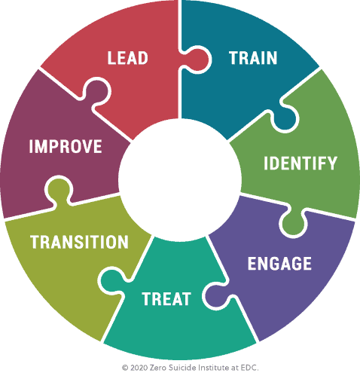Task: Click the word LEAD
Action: [x=128, y=58]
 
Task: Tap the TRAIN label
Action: [x=253, y=58]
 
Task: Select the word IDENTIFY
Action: [x=301, y=163]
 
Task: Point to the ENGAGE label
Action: [x=279, y=264]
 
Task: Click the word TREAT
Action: [x=166, y=299]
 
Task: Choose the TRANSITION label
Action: [x=79, y=242]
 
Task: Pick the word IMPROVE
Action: [x=66, y=146]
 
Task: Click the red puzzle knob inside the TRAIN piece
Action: [x=197, y=60]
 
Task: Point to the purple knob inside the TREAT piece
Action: [x=217, y=296]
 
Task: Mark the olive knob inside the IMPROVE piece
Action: [x=59, y=191]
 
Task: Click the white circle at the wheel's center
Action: [x=180, y=179]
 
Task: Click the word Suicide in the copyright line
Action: [x=182, y=368]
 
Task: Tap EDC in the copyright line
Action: [x=249, y=368]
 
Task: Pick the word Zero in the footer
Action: [x=158, y=368]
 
